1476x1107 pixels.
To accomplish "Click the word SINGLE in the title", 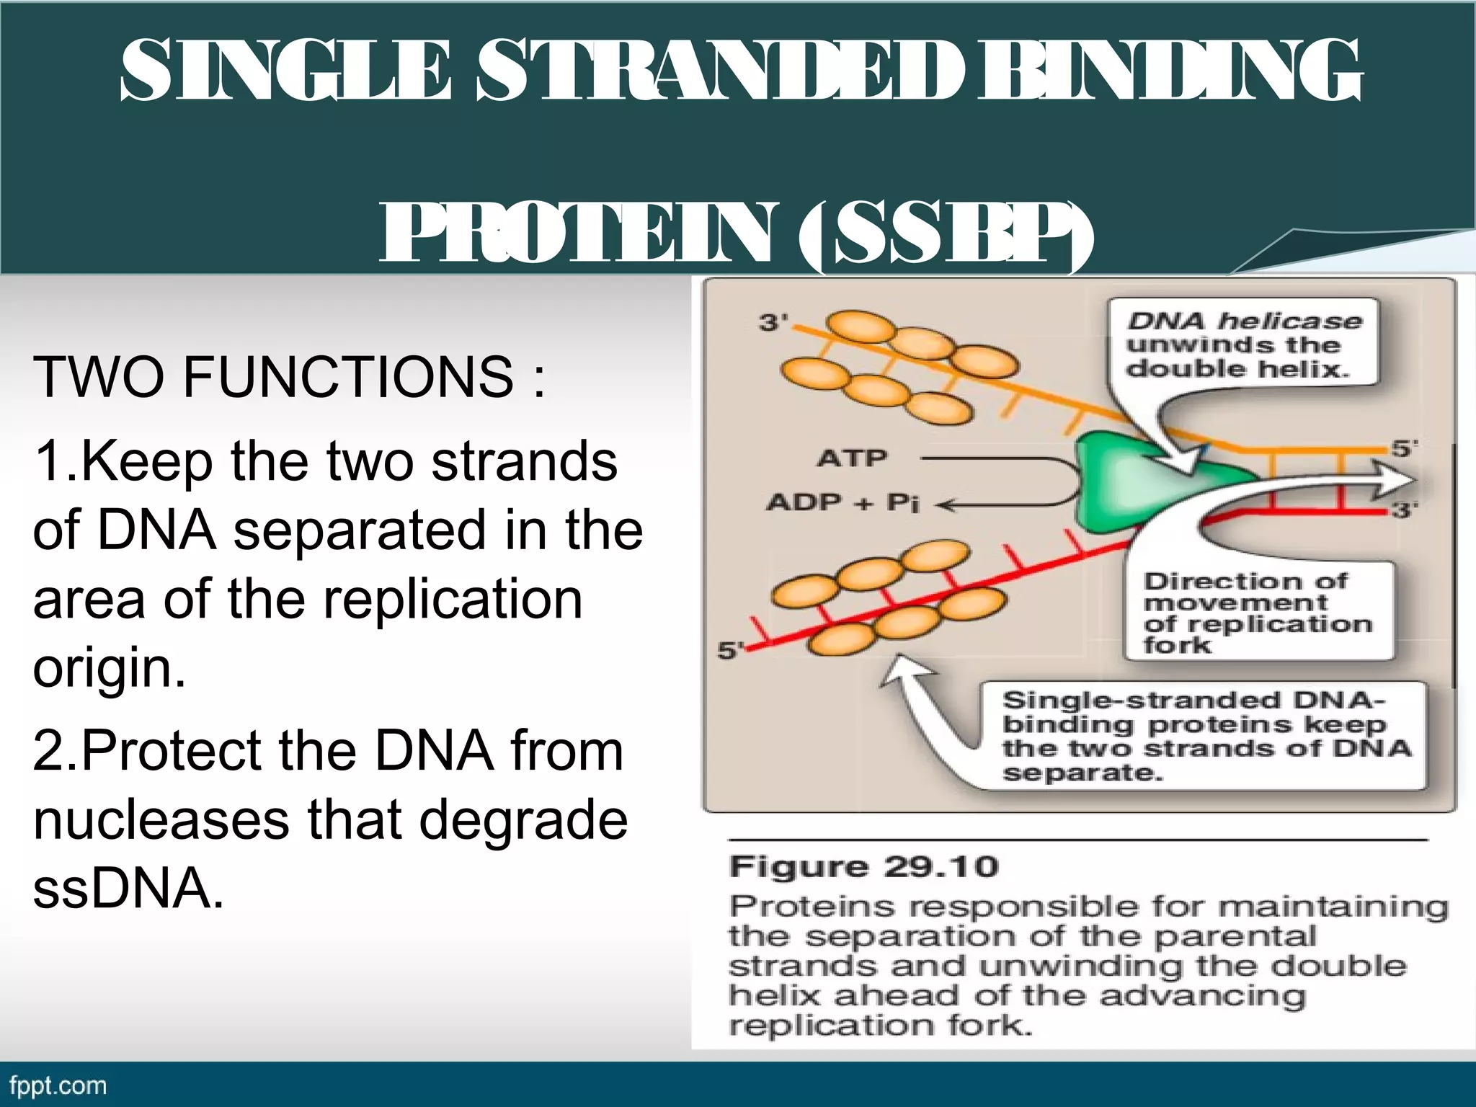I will [x=285, y=70].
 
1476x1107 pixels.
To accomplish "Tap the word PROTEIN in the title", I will [x=577, y=234].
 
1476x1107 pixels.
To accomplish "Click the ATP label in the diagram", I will [x=852, y=458].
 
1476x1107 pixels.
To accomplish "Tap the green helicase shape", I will [x=1124, y=483].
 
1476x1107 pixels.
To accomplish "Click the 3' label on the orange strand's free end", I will [x=773, y=322].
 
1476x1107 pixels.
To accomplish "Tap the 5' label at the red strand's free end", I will [x=730, y=651].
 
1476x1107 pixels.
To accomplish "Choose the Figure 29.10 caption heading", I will [x=863, y=867].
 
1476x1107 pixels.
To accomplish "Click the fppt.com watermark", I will [x=58, y=1085].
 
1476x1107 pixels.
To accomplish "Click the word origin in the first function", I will [x=108, y=669].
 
